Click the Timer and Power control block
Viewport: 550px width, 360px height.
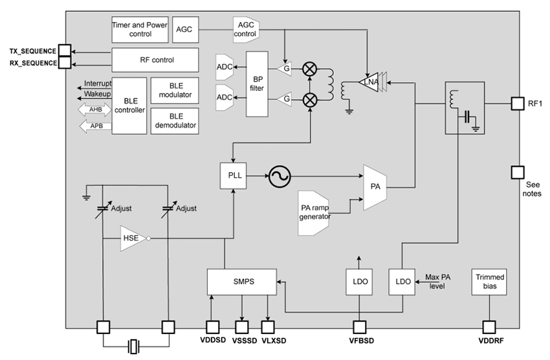140,28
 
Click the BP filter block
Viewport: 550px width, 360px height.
256,84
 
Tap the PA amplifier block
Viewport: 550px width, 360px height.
375,187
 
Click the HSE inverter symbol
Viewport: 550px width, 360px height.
133,238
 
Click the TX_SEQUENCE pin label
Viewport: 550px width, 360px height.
32,51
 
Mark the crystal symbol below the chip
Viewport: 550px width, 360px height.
134,347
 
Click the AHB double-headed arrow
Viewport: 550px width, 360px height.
94,110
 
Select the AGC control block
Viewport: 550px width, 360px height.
246,28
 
